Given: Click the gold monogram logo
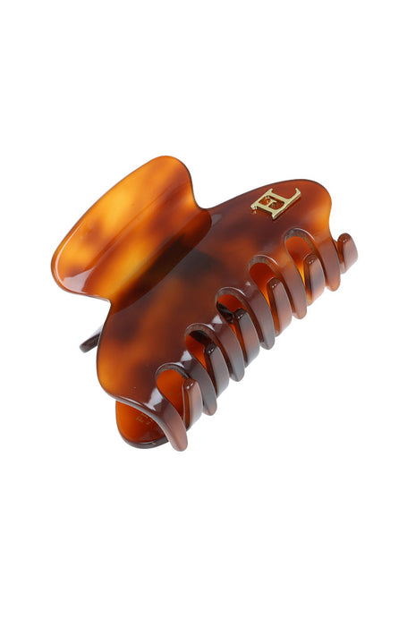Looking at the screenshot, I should pyautogui.click(x=276, y=202).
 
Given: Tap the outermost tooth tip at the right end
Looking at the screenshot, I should pyautogui.click(x=347, y=251).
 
